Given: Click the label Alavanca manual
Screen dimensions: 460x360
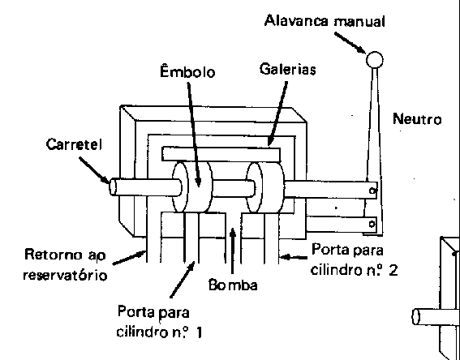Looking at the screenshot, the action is [x=325, y=21].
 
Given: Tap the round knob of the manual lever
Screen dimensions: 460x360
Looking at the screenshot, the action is [x=374, y=59].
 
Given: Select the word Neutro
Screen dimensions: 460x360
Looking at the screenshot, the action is [x=417, y=120].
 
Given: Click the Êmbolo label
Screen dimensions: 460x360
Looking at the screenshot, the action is [x=187, y=71].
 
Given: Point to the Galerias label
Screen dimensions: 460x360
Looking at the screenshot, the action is [x=288, y=70].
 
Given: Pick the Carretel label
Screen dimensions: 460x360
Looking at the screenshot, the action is [x=74, y=144].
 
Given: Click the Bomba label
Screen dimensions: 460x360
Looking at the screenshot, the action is [x=233, y=285].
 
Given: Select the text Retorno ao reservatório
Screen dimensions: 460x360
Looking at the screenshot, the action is [x=65, y=265].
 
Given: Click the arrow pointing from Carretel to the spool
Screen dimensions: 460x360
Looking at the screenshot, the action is [x=94, y=170].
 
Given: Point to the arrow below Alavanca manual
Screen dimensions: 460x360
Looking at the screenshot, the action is [x=350, y=43].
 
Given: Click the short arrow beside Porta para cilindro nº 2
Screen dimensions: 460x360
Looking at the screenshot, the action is [x=294, y=258].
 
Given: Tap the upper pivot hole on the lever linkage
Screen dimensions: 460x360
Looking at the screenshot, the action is [x=372, y=191].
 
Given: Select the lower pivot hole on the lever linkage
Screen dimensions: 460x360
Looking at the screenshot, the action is [x=372, y=225].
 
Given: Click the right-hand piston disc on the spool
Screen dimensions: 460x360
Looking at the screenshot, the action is [x=265, y=187].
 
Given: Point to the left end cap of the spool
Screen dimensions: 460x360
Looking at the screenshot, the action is [x=113, y=187].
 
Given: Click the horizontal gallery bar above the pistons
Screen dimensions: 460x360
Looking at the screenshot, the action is [x=221, y=154].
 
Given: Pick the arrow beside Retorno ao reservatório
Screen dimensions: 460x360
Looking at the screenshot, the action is [x=129, y=258].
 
